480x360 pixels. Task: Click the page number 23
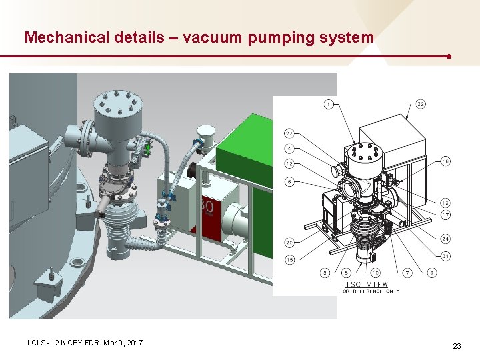point(457,346)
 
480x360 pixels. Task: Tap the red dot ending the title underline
point(450,56)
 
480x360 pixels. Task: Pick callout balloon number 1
point(328,104)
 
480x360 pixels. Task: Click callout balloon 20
point(290,242)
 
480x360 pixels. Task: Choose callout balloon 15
point(290,259)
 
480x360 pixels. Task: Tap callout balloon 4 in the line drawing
point(290,148)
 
